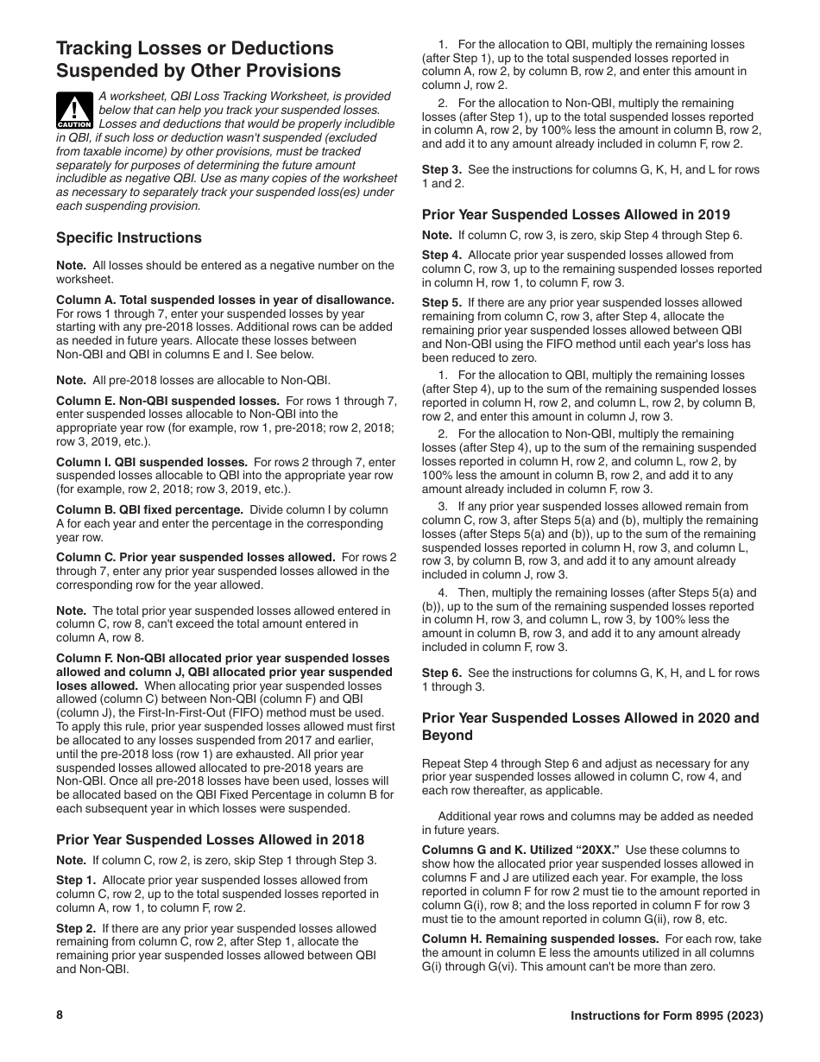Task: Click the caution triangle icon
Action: [75, 110]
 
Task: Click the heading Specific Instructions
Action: [129, 237]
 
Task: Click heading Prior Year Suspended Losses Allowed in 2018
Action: [210, 839]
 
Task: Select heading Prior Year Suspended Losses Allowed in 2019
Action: [576, 214]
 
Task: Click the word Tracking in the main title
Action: [94, 48]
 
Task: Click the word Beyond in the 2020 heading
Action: [447, 736]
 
